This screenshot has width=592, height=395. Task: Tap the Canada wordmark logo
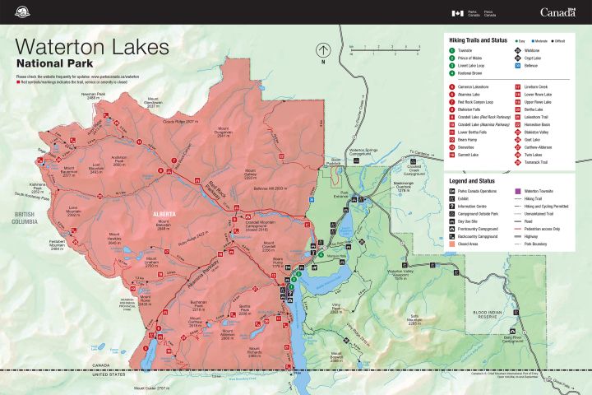tap(557, 12)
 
